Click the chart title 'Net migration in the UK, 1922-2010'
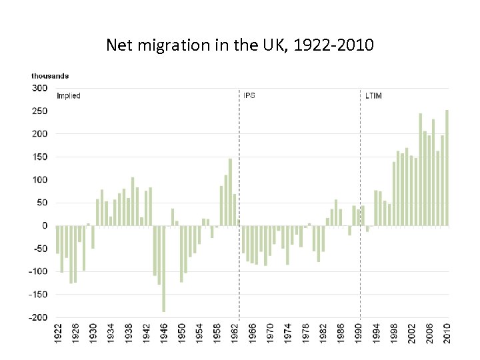[x=240, y=45]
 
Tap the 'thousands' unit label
[x=50, y=76]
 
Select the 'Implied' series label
[x=69, y=96]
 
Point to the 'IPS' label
[x=249, y=96]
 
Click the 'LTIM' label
[x=373, y=96]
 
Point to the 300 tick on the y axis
[x=40, y=88]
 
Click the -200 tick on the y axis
[x=39, y=317]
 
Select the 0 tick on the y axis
[x=45, y=226]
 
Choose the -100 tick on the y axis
[x=39, y=272]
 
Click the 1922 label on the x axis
[x=58, y=334]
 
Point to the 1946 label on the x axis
[x=164, y=334]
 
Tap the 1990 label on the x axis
[x=359, y=334]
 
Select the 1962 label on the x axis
[x=235, y=334]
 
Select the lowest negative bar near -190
[x=164, y=269]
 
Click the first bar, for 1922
[x=58, y=239]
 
